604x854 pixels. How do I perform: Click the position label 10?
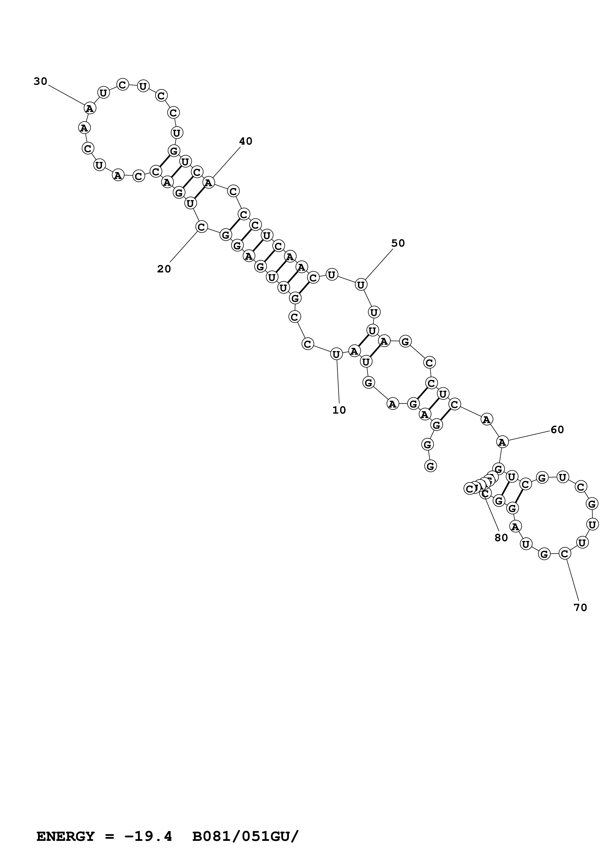tap(339, 410)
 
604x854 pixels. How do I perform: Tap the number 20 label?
tap(164, 269)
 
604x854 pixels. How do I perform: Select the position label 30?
tap(40, 82)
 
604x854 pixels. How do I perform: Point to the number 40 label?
tap(246, 141)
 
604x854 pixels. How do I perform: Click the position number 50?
tap(398, 243)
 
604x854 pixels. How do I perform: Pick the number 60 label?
tap(557, 430)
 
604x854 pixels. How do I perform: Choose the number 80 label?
tap(501, 538)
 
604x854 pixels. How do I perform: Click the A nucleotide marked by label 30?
tap(90, 108)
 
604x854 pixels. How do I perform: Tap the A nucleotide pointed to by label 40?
tap(209, 183)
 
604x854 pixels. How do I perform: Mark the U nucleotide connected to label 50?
tap(361, 285)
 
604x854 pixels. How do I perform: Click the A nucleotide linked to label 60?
tap(502, 442)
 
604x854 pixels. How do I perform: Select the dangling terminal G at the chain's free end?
tap(430, 466)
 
